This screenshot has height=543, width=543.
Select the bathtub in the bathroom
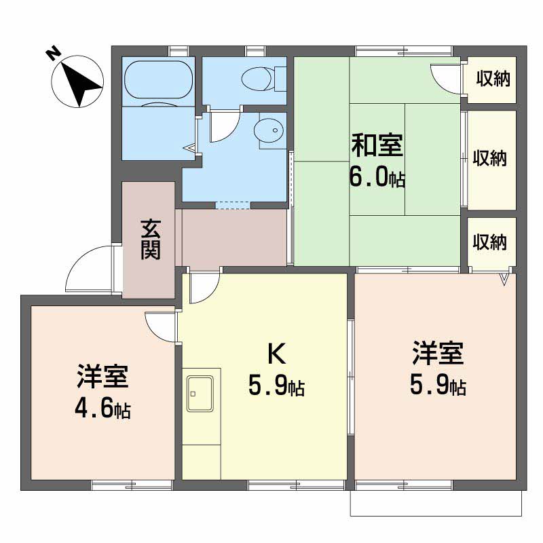click(157, 80)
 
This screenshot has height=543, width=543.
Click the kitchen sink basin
click(201, 392)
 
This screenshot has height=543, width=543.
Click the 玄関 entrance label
click(150, 240)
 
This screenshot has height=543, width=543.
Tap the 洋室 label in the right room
click(438, 354)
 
